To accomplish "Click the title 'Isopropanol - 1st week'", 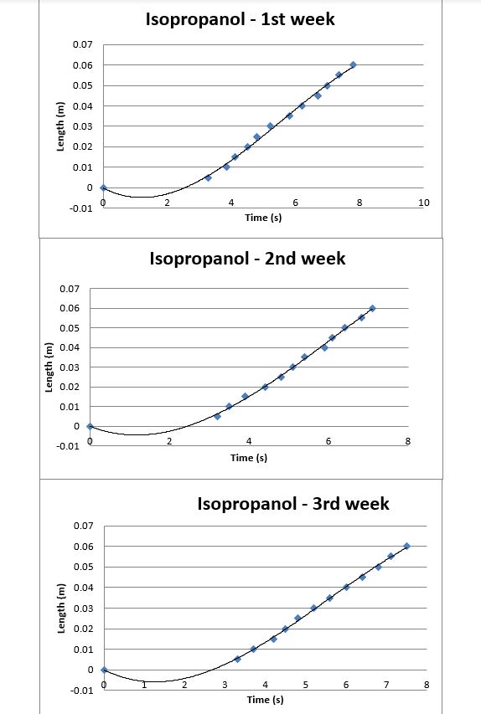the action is pos(240,19).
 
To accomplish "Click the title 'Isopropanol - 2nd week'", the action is pos(247,259).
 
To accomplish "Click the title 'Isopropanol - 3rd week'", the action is pos(293,504).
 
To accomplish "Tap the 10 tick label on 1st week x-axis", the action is pos(424,203).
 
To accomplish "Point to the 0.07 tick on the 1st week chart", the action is pos(82,44).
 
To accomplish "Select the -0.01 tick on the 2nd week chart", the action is pos(68,446).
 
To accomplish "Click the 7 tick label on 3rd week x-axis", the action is pos(386,685).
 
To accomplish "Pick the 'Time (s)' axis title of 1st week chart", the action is pos(263,218).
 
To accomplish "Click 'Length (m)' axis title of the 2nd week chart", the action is pos(49,367).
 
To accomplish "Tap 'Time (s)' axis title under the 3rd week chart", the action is pos(265,700).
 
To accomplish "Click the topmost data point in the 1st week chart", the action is pos(353,64).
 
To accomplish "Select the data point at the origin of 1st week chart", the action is pos(103,187).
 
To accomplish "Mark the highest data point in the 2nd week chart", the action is pos(373,308).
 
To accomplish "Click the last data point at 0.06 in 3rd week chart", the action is pos(406,546).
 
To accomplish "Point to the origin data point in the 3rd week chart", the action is pos(104,670).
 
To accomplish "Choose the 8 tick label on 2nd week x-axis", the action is pos(408,441).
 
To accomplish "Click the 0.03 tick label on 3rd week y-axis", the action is pos(84,609).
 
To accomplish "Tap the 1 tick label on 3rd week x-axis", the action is pos(144,685).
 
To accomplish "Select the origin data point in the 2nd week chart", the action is pos(90,426).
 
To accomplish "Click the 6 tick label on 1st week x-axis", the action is pos(296,203).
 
